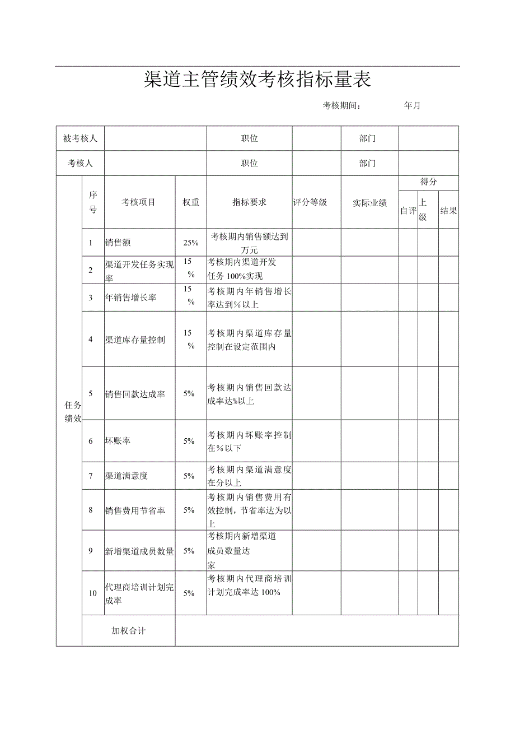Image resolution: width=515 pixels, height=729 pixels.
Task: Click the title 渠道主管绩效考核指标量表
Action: (257, 80)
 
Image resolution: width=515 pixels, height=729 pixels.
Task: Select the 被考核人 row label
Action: (80, 138)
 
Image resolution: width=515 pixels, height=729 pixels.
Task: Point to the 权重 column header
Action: (191, 202)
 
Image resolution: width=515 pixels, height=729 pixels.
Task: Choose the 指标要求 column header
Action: (249, 202)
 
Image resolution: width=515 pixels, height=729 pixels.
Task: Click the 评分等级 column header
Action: (310, 202)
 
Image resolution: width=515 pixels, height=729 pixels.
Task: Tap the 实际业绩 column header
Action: (369, 203)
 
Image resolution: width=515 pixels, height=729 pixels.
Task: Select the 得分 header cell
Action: (428, 182)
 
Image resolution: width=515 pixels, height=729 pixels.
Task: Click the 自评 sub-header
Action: (408, 211)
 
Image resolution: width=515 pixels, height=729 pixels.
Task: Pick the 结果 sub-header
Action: (448, 211)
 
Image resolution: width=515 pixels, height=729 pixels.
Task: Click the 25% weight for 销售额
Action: (191, 243)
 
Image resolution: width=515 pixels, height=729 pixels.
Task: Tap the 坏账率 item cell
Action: (118, 441)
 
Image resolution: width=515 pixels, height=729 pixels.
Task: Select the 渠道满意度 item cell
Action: (127, 476)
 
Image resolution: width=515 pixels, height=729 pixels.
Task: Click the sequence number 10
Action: (93, 593)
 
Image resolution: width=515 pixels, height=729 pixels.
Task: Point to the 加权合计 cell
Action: (128, 630)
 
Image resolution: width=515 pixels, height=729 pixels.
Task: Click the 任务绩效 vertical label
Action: (73, 411)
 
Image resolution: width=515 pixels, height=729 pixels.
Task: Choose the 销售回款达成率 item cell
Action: (135, 394)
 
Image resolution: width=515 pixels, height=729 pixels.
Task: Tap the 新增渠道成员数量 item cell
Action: (139, 551)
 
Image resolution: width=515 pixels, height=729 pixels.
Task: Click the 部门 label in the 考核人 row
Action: (368, 164)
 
